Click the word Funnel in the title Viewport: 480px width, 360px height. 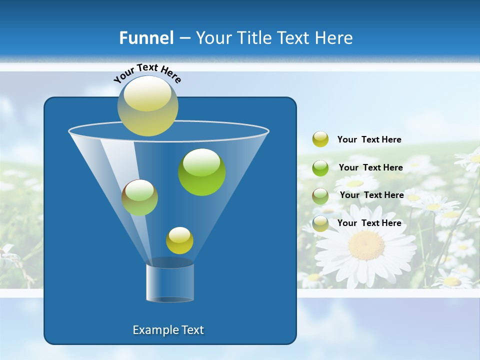pyautogui.click(x=146, y=38)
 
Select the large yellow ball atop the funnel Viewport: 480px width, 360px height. pyautogui.click(x=147, y=105)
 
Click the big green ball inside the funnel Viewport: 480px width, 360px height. pyautogui.click(x=201, y=171)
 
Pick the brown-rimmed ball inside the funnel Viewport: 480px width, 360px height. pyautogui.click(x=139, y=197)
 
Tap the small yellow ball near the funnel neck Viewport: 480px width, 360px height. pyautogui.click(x=179, y=240)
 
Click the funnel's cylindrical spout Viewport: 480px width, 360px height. pyautogui.click(x=170, y=281)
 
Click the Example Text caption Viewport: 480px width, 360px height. pyautogui.click(x=168, y=330)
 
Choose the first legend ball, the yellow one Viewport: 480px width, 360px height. pyautogui.click(x=320, y=139)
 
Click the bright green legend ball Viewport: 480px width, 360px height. pyautogui.click(x=320, y=167)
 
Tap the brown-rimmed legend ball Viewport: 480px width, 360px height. pyautogui.click(x=320, y=195)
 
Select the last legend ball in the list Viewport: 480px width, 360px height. pyautogui.click(x=320, y=223)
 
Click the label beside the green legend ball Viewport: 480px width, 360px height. pyautogui.click(x=370, y=167)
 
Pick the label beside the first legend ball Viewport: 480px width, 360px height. pyautogui.click(x=369, y=139)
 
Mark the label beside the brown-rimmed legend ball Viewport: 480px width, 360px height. pyautogui.click(x=371, y=195)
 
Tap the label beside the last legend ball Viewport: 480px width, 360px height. pyautogui.click(x=369, y=223)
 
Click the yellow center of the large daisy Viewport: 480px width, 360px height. pyautogui.click(x=366, y=245)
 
